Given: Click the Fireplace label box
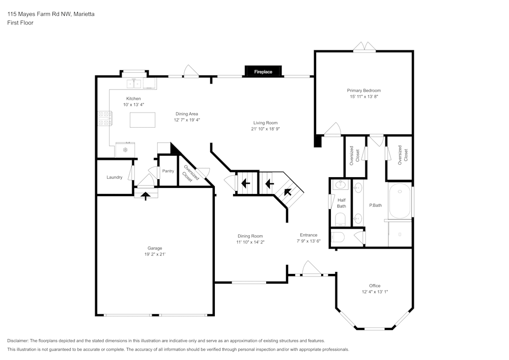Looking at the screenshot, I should click(x=263, y=72).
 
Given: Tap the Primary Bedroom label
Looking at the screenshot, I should click(x=364, y=91).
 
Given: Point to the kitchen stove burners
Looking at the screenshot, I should click(x=104, y=118).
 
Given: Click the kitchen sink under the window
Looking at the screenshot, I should click(x=135, y=83).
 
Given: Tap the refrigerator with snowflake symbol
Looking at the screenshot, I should click(x=125, y=150).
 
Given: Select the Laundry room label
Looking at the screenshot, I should click(x=115, y=177).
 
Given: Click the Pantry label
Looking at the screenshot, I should click(x=168, y=171).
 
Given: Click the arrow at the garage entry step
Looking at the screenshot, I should click(x=146, y=195).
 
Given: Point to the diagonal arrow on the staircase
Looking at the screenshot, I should click(x=288, y=192).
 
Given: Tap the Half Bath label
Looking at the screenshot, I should click(x=341, y=203).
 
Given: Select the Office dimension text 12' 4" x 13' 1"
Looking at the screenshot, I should click(x=375, y=292).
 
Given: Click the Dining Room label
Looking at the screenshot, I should click(x=250, y=236).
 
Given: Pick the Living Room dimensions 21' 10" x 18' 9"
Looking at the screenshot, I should click(x=265, y=129).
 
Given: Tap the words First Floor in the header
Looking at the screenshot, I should click(x=20, y=23).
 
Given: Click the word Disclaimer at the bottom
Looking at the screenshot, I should click(x=18, y=341).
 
